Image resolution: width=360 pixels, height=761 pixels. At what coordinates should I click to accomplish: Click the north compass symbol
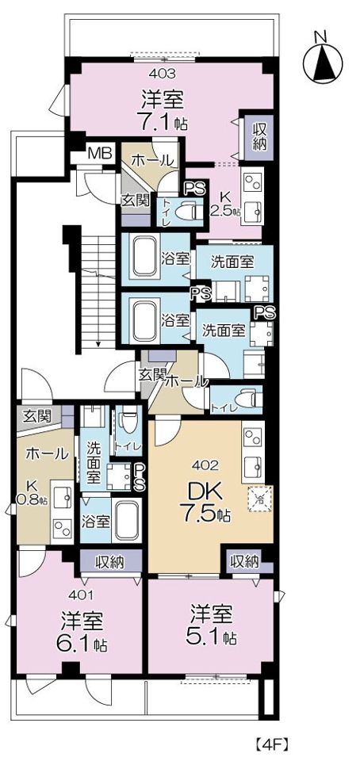coord(322,60)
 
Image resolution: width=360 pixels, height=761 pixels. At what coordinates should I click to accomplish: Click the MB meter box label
coord(100,154)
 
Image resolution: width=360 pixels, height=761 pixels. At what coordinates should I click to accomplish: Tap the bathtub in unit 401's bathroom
coord(125,521)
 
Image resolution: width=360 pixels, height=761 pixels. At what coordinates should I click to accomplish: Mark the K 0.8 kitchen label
coord(32,491)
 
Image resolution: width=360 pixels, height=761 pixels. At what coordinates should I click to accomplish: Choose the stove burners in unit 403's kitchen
coord(253,182)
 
